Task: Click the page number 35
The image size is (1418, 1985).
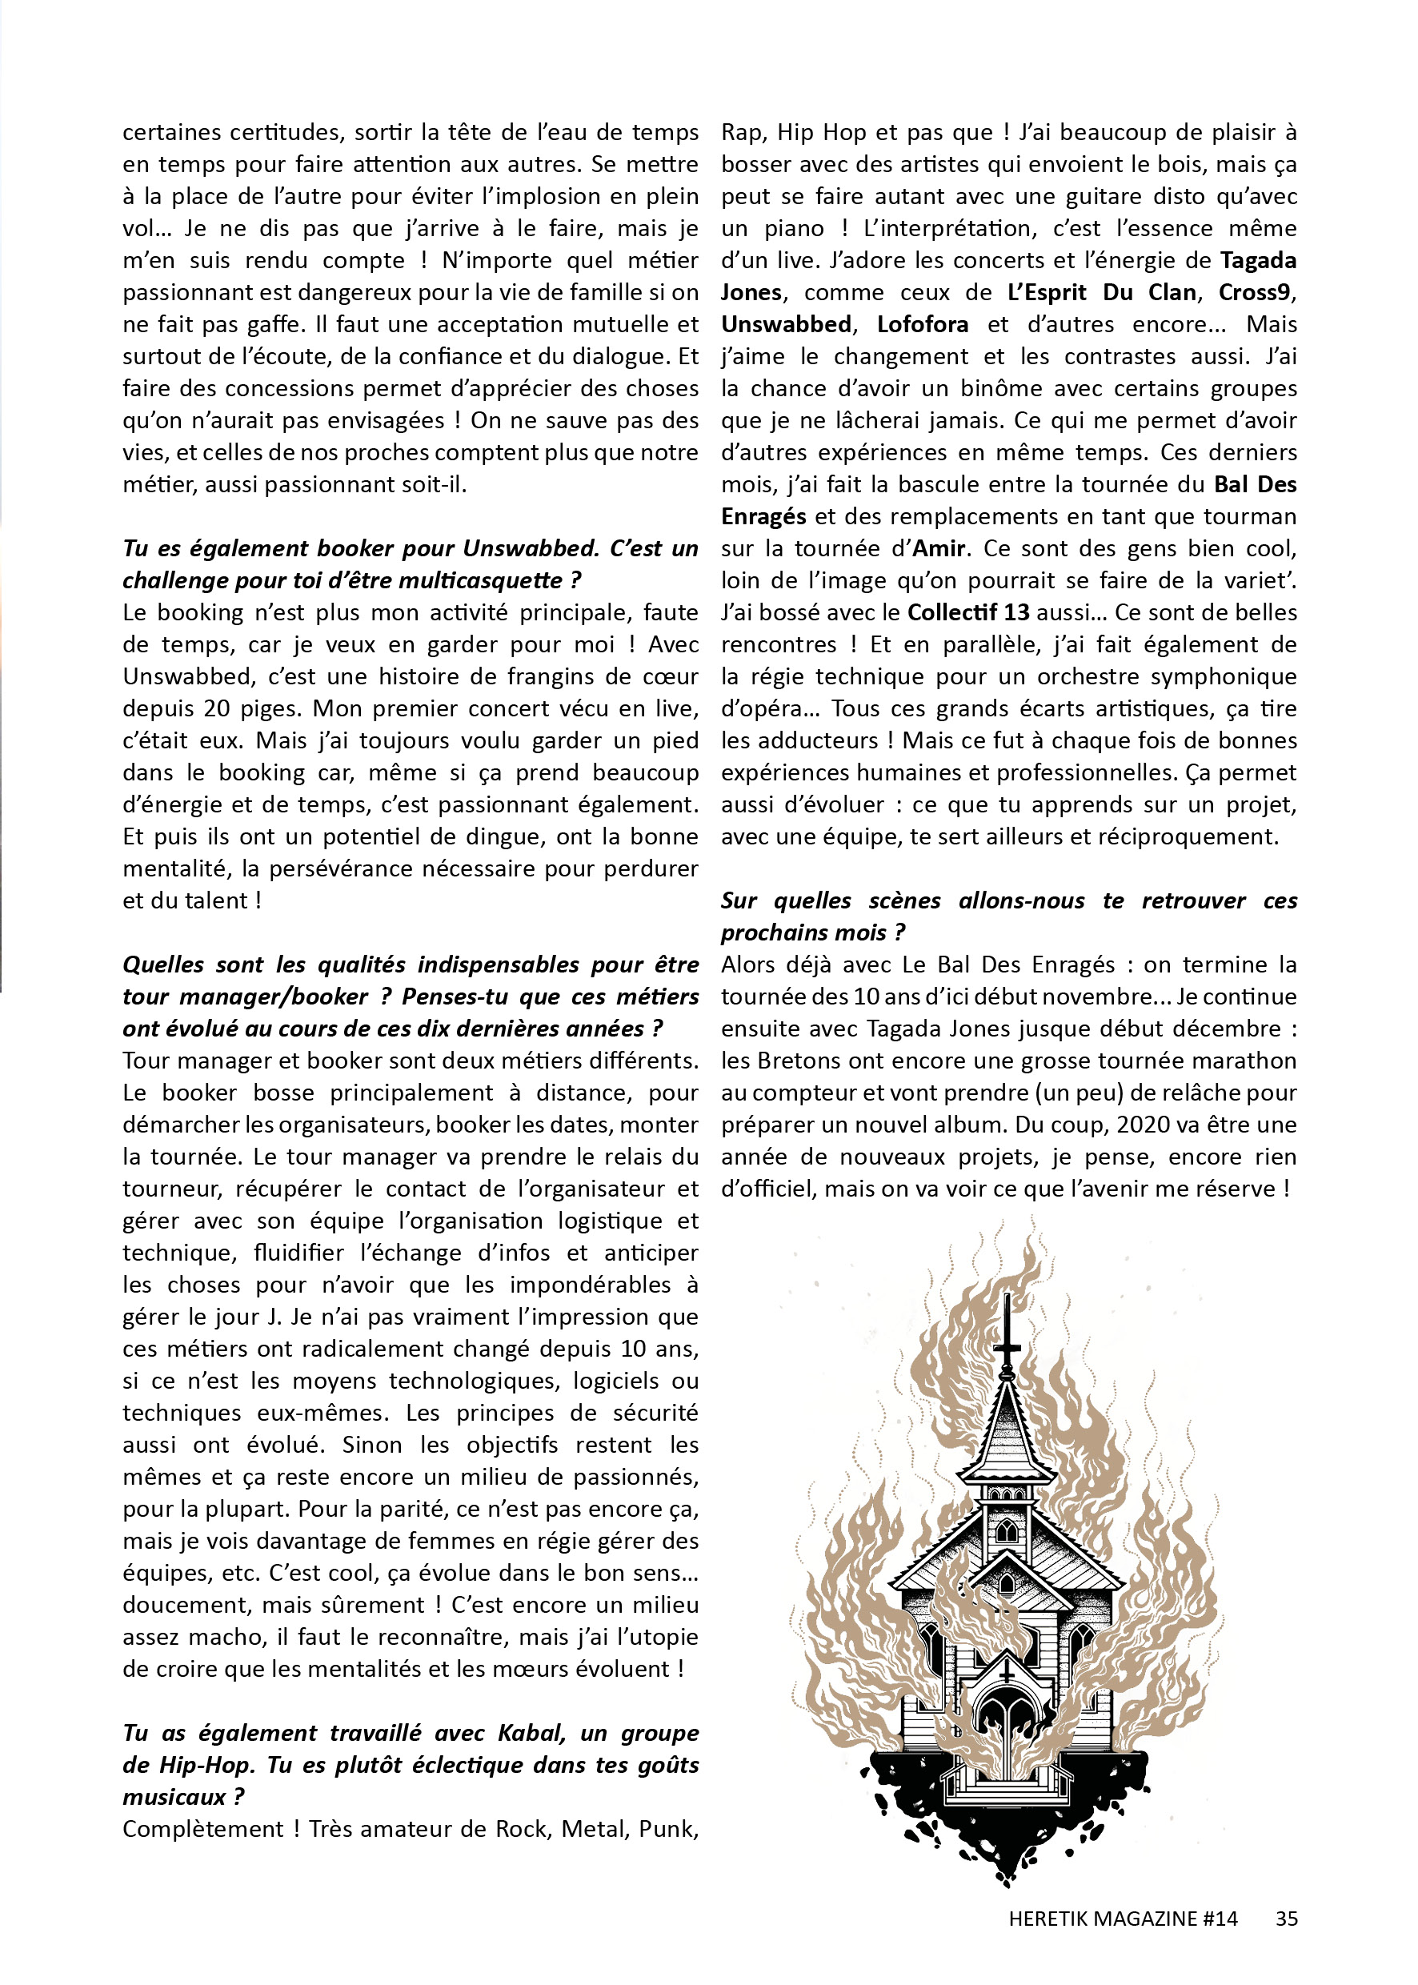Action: coord(1285,1919)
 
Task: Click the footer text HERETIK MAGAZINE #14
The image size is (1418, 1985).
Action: coord(1123,1919)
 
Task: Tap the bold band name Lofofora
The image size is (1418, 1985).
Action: coord(922,325)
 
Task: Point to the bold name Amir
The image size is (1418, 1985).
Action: coord(939,548)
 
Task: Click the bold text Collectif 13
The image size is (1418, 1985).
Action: coord(968,612)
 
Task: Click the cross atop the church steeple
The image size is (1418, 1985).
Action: coord(1007,1327)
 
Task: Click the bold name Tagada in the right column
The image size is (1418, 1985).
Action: coord(1257,260)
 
